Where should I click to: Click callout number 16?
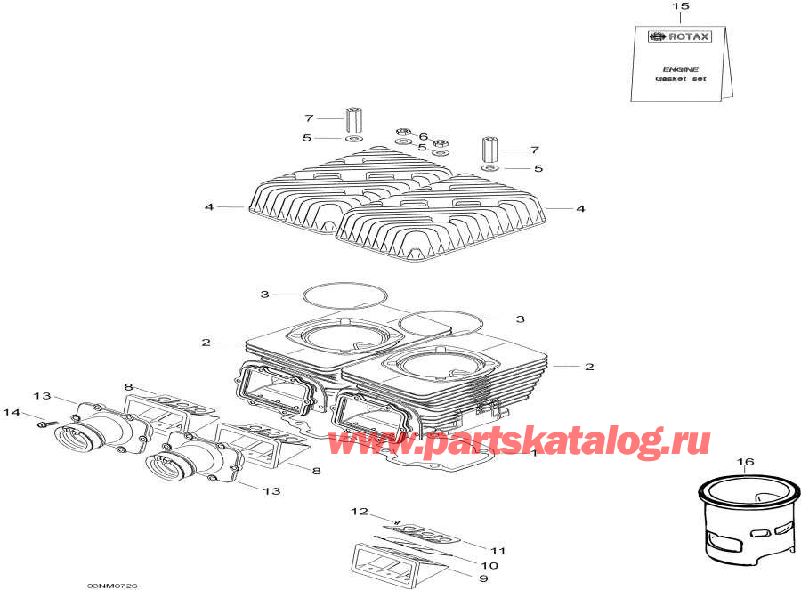click(x=745, y=462)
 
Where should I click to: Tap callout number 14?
click(x=12, y=412)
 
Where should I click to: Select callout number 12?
click(x=359, y=512)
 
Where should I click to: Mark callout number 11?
click(x=498, y=550)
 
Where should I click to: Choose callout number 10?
click(x=489, y=564)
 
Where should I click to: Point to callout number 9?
click(x=483, y=578)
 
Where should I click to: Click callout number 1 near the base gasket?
click(x=533, y=453)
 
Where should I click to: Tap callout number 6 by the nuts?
click(x=423, y=137)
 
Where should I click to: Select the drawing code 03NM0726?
click(x=112, y=585)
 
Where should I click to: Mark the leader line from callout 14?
click(x=31, y=416)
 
